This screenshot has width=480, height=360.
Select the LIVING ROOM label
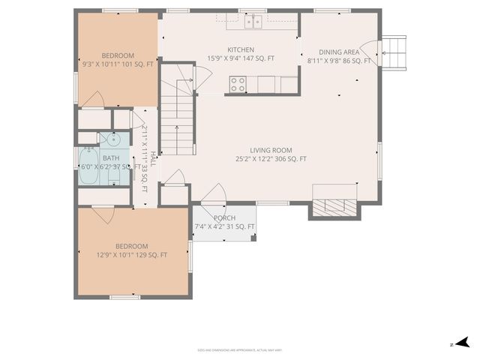pos(271,150)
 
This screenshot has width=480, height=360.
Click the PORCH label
pos(224,217)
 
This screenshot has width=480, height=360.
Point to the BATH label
pos(111,157)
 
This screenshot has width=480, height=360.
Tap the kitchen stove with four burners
pos(238,84)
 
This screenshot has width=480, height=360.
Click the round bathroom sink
pos(113,139)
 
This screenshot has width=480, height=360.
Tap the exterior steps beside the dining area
pos(395,51)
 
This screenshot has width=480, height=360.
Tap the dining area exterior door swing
pos(371,49)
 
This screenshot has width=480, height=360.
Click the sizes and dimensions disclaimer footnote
pos(240,349)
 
